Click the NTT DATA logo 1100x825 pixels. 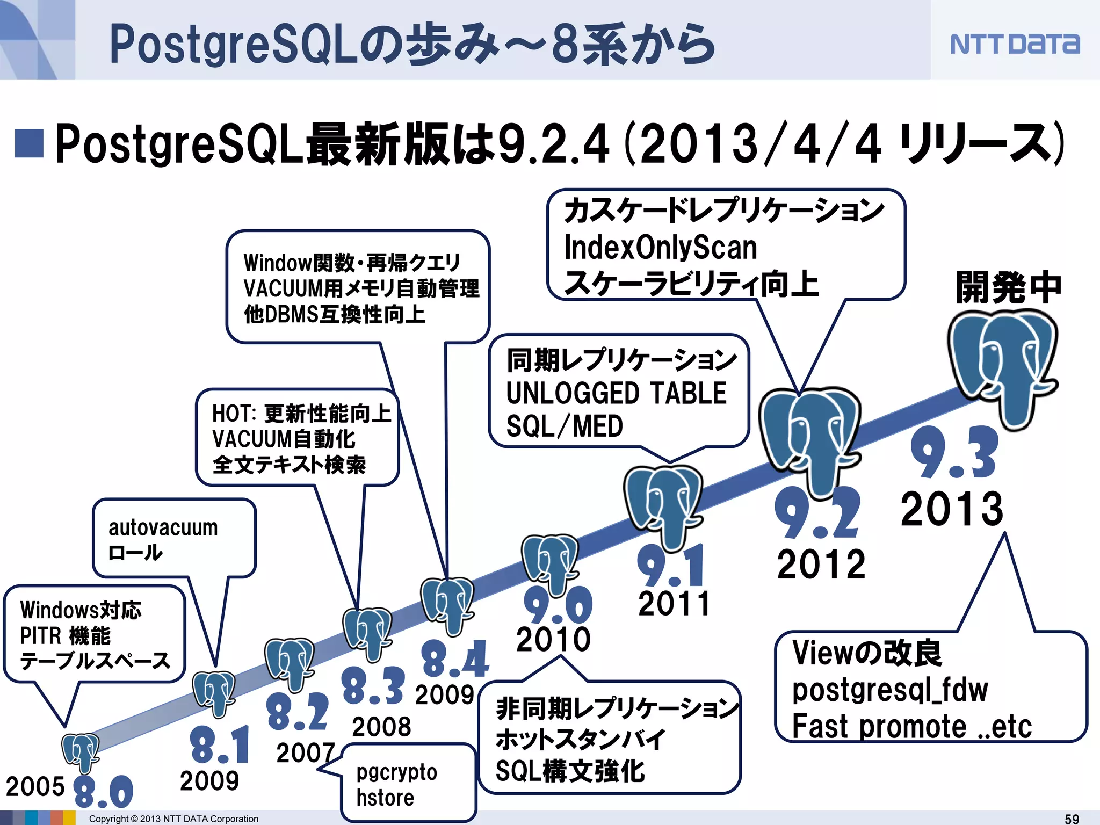click(1015, 44)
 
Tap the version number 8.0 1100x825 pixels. click(103, 791)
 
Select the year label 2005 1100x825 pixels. click(35, 787)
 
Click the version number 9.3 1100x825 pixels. click(954, 452)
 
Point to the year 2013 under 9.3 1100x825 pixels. click(952, 509)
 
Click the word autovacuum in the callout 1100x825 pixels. click(163, 527)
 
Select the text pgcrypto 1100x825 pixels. click(396, 772)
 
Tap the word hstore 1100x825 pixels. click(385, 798)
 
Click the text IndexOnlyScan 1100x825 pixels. click(660, 248)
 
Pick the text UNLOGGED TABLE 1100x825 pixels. click(616, 393)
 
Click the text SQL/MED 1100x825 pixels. click(565, 426)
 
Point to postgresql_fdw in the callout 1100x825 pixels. click(889, 690)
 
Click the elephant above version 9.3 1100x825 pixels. click(1002, 365)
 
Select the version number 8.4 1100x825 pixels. click(455, 659)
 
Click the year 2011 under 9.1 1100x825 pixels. click(674, 603)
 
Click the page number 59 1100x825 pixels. click(1072, 819)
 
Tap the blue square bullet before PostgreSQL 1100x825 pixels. click(29, 143)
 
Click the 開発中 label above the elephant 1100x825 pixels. click(1008, 287)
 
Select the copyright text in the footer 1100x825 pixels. click(173, 819)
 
